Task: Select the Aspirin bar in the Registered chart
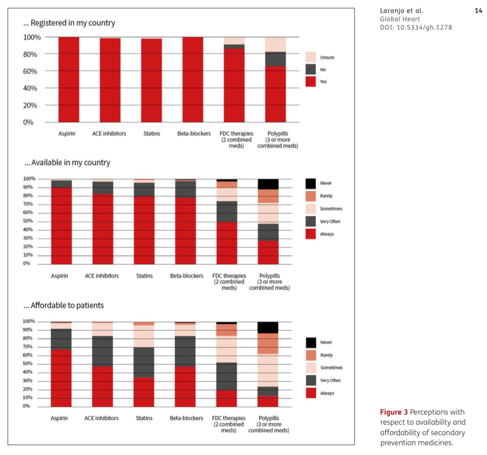pyautogui.click(x=69, y=80)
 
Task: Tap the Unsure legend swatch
pyautogui.click(x=310, y=57)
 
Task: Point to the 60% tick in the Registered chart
pyautogui.click(x=30, y=71)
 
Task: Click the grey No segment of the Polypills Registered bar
pyautogui.click(x=276, y=59)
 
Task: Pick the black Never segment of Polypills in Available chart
pyautogui.click(x=268, y=184)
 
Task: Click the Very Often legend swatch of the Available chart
pyautogui.click(x=310, y=221)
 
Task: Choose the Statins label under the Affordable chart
pyautogui.click(x=144, y=418)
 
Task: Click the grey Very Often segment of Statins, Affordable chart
pyautogui.click(x=144, y=362)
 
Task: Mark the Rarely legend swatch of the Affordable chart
pyautogui.click(x=311, y=355)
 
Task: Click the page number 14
pyautogui.click(x=479, y=11)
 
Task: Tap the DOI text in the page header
pyautogui.click(x=416, y=28)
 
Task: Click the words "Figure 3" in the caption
pyautogui.click(x=393, y=412)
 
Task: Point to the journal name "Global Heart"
pyautogui.click(x=400, y=19)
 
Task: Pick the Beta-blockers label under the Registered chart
pyautogui.click(x=194, y=133)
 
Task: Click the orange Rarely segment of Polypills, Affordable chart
pyautogui.click(x=268, y=344)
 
